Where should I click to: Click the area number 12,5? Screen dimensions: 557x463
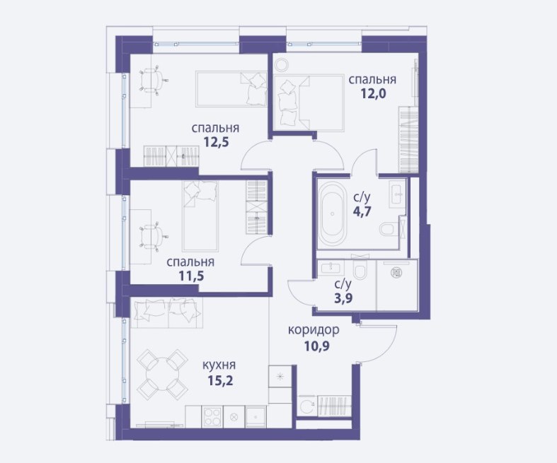[216, 142]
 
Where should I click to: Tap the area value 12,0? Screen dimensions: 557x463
[374, 94]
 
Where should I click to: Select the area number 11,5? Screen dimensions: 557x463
[192, 276]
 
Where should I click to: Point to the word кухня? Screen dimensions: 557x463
[219, 365]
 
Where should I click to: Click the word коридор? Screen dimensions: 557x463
[314, 331]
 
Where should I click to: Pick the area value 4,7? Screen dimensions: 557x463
[362, 211]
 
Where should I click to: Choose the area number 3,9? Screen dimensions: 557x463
[343, 298]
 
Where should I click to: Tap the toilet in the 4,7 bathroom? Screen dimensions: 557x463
[388, 229]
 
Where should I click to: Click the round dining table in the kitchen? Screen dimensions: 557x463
[162, 375]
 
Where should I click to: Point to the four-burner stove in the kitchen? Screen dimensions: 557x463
[212, 416]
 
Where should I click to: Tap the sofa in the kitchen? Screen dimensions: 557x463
[166, 312]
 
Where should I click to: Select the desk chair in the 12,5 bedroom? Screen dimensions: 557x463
[153, 80]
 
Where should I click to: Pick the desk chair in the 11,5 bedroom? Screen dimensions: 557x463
[153, 236]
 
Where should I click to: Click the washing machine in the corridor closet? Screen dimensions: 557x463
[306, 405]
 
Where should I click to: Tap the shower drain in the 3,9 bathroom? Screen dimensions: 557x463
[396, 272]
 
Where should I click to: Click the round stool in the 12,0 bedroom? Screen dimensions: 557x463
[282, 64]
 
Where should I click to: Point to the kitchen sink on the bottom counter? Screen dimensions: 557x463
[255, 416]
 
